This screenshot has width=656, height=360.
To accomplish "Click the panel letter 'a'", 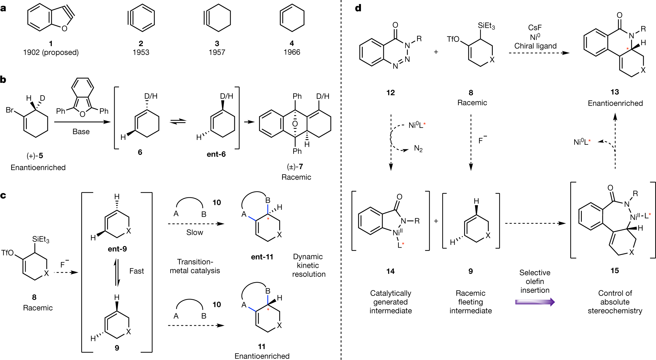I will coord(3,8).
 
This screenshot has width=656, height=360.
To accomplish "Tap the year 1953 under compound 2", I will coord(141,52).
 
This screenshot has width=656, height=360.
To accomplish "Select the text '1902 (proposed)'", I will coord(51,52).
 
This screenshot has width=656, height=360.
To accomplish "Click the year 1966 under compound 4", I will coord(292,52).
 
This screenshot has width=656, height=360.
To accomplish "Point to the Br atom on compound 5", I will coord(10,110).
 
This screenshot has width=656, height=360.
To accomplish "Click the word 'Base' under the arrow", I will coord(81,132).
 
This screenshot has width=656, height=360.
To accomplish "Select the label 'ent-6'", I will coord(216,154).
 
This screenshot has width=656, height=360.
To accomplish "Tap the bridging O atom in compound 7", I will coord(295,124).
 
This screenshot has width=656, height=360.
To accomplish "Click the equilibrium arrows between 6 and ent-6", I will coord(178,122).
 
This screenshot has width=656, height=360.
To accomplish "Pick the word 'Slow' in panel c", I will coord(195,232).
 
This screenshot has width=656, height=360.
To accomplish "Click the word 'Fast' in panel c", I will coord(136,271).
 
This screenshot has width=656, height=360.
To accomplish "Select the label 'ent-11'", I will coord(262,257).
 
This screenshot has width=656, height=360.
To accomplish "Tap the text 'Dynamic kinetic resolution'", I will coord(308,265).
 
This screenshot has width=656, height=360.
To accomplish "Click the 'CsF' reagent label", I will coord(535,27).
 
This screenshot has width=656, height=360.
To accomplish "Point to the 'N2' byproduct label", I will coord(418,149).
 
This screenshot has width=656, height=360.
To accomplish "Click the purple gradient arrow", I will coord(535,302).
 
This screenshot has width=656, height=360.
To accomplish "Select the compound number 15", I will coord(615,271).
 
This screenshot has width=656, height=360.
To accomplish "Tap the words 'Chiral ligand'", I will coord(535,46).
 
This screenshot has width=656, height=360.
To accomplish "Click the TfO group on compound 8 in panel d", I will coord(453,39).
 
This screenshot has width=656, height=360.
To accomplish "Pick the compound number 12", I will coord(391,93).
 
